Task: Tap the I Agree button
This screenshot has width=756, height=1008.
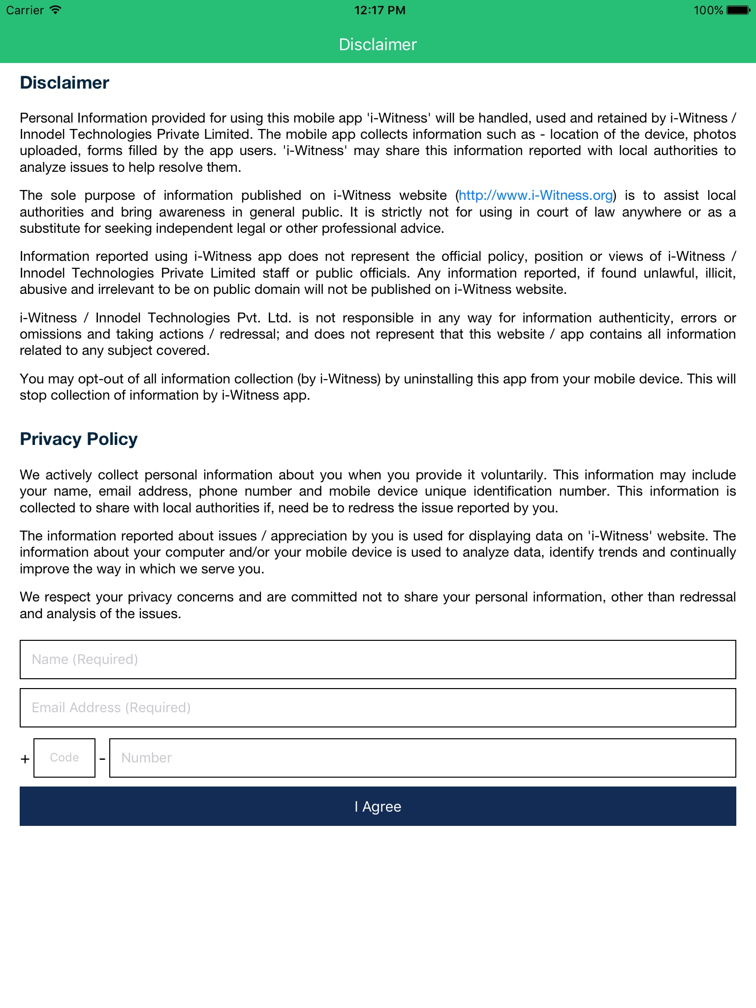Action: pyautogui.click(x=378, y=806)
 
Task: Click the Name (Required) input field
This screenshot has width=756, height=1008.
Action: pyautogui.click(x=378, y=660)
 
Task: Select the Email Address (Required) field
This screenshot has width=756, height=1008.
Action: pyautogui.click(x=378, y=708)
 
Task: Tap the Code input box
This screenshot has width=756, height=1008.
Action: pyautogui.click(x=64, y=758)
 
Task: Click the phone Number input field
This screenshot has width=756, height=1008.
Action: pyautogui.click(x=422, y=758)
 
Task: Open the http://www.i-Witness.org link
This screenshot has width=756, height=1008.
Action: pyautogui.click(x=535, y=195)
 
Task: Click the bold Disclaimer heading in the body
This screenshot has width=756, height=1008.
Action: pyautogui.click(x=64, y=83)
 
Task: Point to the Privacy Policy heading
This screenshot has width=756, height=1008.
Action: pyautogui.click(x=79, y=439)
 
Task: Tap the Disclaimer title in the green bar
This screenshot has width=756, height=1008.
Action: pyautogui.click(x=378, y=44)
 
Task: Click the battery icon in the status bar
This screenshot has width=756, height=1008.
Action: pyautogui.click(x=738, y=10)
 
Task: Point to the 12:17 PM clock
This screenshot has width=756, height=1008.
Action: pyautogui.click(x=380, y=10)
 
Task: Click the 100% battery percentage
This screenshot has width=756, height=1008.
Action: pyautogui.click(x=708, y=10)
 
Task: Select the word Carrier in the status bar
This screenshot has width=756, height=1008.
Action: pyautogui.click(x=25, y=10)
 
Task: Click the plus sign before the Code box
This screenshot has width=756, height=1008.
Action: pyautogui.click(x=25, y=759)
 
